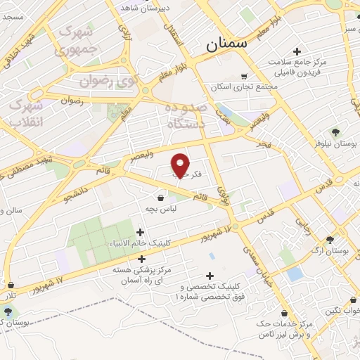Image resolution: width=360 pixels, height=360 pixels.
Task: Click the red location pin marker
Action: [x=181, y=165]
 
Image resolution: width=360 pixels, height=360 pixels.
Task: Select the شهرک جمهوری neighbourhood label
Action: [x=78, y=40]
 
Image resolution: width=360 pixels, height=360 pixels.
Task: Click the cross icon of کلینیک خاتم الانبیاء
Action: [x=140, y=232]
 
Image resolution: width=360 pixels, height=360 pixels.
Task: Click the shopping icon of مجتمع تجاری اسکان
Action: [x=244, y=76]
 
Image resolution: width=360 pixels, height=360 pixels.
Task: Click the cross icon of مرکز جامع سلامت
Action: [x=297, y=51]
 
